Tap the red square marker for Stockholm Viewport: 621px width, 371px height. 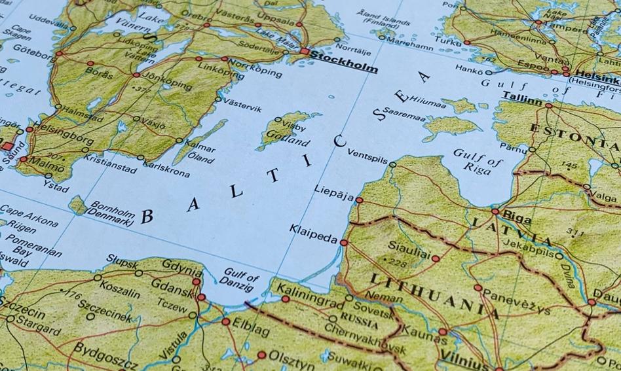tap(305, 51)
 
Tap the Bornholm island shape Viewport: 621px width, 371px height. tap(78, 206)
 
